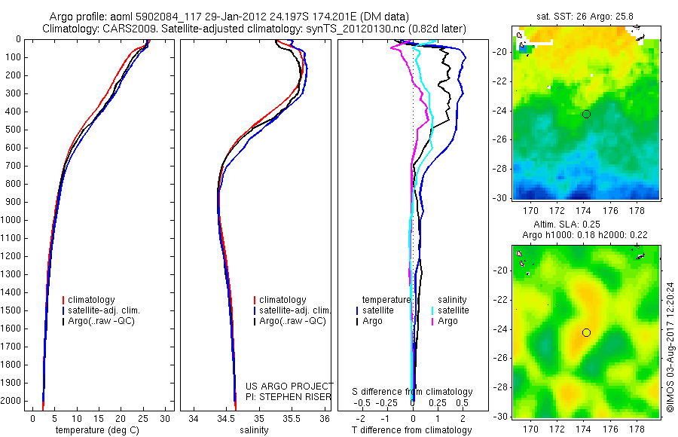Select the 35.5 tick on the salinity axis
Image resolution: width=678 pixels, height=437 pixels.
click(292, 418)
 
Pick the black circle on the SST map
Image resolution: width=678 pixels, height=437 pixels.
click(586, 114)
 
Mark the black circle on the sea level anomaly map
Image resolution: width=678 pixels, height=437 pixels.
click(586, 332)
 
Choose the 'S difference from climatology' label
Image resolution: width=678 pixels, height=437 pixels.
click(413, 392)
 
